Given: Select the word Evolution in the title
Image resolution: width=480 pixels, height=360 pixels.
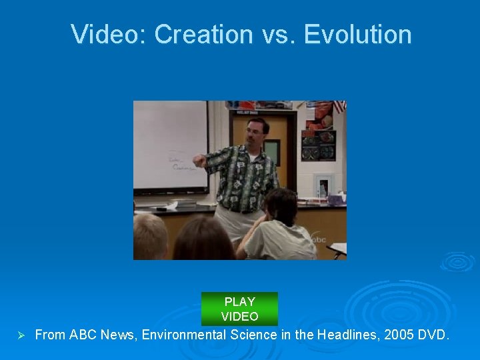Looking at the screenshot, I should point(358,35).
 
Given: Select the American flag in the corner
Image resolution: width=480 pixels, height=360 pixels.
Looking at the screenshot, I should point(339,107).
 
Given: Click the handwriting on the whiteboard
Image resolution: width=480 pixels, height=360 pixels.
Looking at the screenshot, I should point(179,163).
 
